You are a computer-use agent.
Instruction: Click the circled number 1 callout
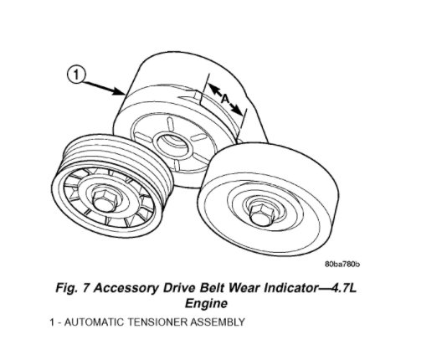coord(76,75)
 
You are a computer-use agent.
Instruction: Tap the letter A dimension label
coord(225,99)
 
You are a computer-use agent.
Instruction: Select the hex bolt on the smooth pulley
coord(260,213)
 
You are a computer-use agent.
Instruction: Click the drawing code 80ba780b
coord(342,264)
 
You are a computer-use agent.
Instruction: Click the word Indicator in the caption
coord(289,288)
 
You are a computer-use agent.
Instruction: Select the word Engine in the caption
coord(206,303)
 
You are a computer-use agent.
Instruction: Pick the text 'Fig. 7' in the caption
coord(73,288)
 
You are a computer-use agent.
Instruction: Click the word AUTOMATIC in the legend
coord(94,322)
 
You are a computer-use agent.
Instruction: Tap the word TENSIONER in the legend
coord(157,322)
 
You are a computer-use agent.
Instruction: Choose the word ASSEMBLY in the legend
coord(218,322)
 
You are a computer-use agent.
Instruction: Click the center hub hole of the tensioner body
coord(172,141)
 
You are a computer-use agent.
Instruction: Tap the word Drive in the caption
coord(178,288)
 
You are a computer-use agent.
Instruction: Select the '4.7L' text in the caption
coord(344,288)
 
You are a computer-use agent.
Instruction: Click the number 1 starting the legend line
coord(52,322)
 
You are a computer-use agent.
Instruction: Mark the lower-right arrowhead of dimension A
coord(239,111)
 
